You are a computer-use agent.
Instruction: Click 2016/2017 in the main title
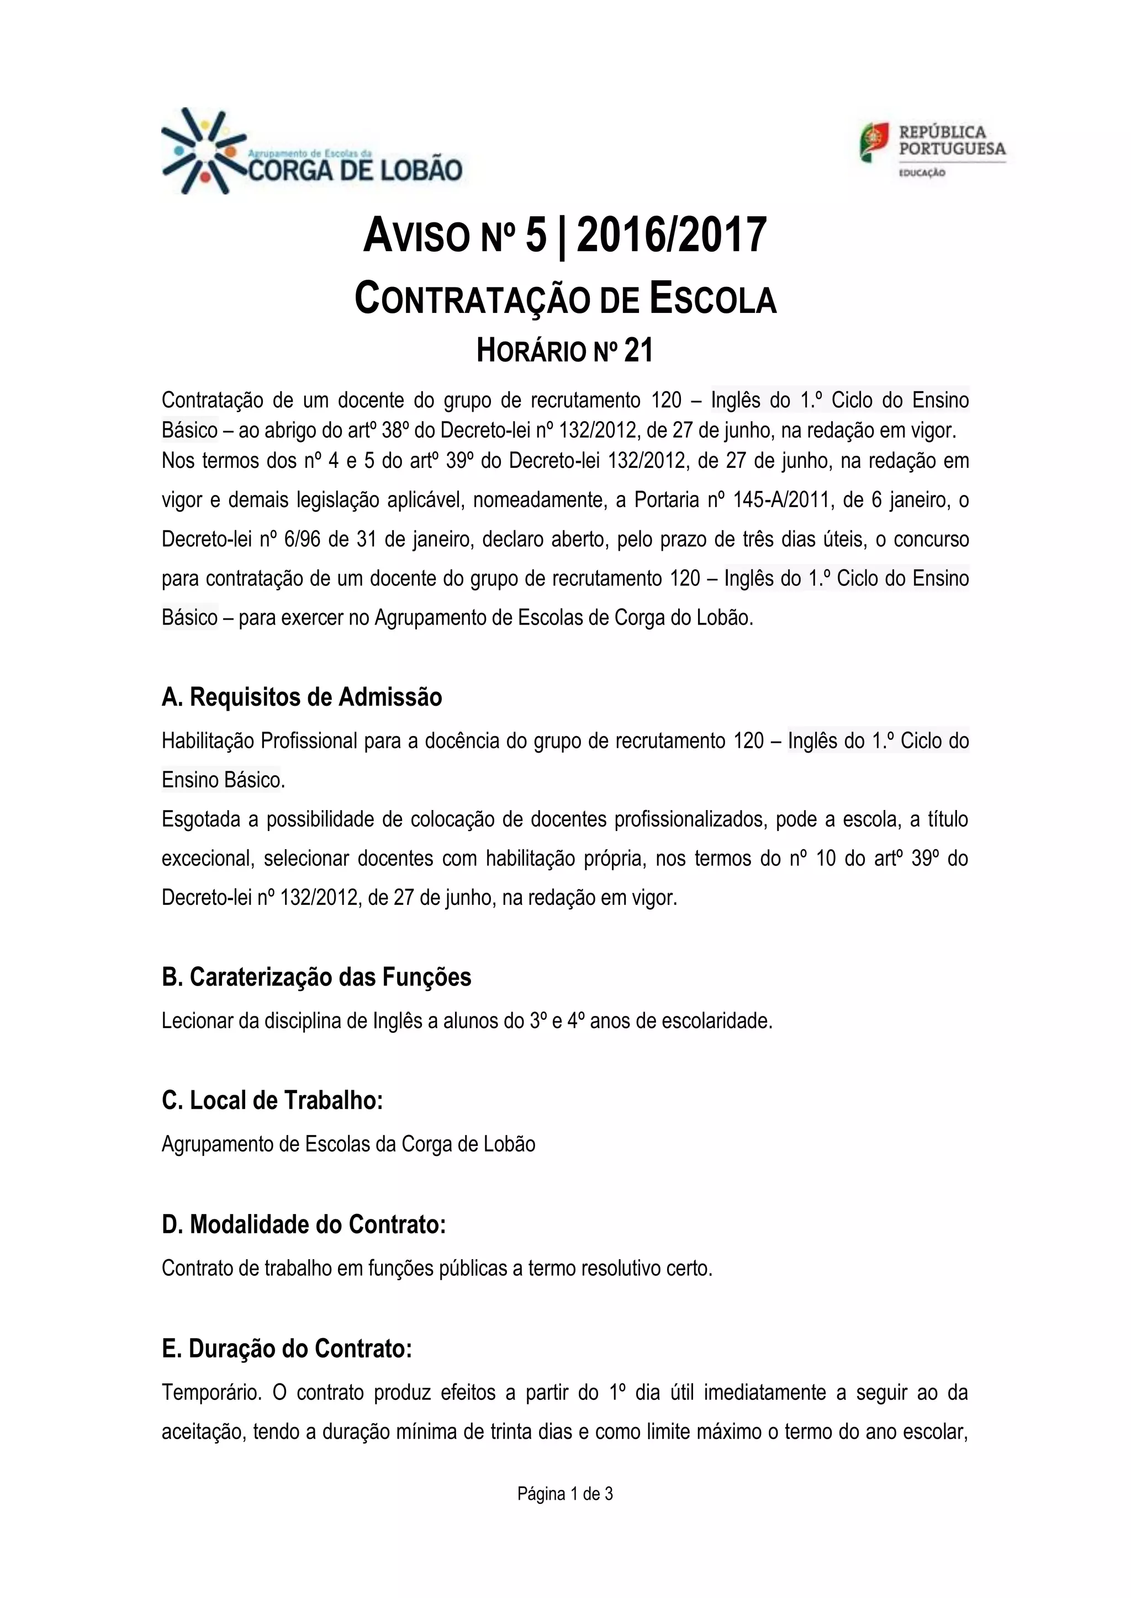point(672,235)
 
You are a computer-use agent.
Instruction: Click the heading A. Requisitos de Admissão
point(302,697)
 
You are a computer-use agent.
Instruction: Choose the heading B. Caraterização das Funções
point(316,977)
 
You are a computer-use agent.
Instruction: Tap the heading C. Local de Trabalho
point(272,1100)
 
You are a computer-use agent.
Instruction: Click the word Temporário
point(211,1393)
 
